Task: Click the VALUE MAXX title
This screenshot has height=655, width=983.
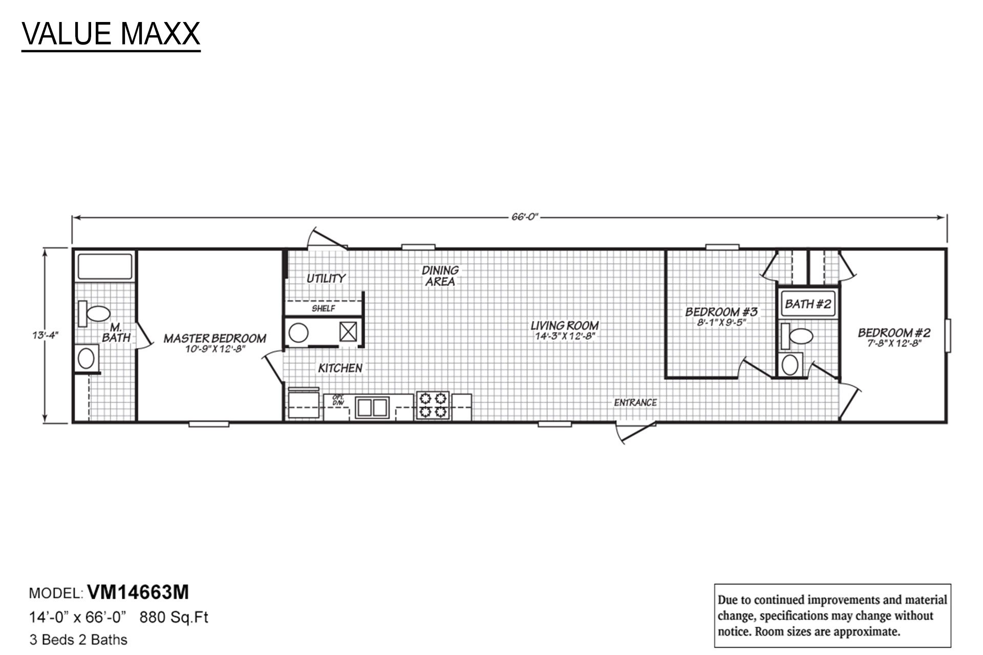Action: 111,34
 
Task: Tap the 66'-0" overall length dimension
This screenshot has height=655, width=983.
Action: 525,217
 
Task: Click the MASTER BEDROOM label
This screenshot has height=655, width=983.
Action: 215,338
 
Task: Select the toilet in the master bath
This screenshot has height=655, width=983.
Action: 95,313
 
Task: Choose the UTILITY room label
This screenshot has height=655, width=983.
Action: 326,278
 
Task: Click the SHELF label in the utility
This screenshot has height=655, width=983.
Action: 323,309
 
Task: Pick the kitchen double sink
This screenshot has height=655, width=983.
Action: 372,407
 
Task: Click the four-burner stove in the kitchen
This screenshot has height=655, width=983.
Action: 433,405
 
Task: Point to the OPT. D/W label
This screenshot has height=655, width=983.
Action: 338,400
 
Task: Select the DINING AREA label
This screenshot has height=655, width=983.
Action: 440,275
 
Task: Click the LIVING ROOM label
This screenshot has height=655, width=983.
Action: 564,325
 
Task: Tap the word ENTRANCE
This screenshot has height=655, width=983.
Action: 635,403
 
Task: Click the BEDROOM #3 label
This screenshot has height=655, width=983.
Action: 721,312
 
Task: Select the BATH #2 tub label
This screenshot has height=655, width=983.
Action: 807,304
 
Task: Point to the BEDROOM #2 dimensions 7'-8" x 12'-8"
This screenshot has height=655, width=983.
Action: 894,344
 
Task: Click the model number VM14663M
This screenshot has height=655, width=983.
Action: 138,593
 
